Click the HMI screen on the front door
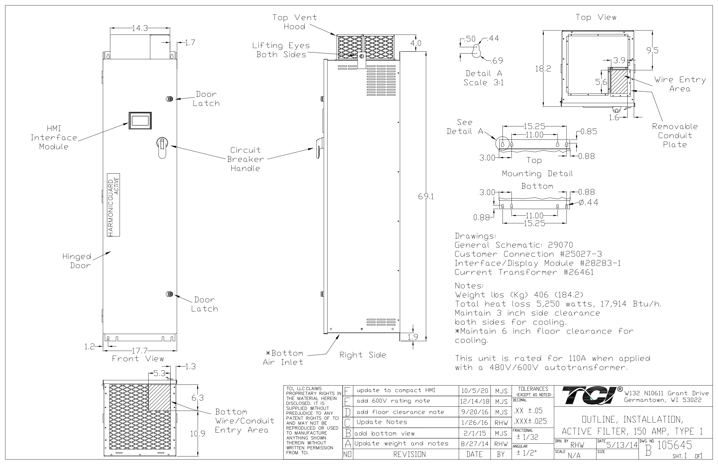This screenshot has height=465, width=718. click(x=140, y=121)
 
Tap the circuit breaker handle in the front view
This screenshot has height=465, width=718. click(x=162, y=147)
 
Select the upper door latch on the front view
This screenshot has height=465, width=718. click(x=170, y=99)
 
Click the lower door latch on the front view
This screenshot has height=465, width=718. click(x=170, y=294)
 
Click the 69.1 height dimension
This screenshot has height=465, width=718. click(x=426, y=197)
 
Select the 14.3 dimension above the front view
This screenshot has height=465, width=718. click(x=140, y=28)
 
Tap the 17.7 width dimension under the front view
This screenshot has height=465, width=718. click(x=140, y=351)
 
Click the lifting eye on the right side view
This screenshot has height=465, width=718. click(x=362, y=56)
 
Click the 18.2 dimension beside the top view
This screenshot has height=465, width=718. click(x=543, y=68)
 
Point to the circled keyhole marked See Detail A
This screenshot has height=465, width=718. click(x=502, y=144)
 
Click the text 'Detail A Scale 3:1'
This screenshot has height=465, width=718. click(x=483, y=78)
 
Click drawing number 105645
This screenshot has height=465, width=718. click(x=675, y=445)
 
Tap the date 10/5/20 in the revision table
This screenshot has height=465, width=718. click(x=474, y=391)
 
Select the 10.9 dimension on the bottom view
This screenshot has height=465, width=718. click(x=198, y=434)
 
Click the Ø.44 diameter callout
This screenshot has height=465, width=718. click(x=588, y=202)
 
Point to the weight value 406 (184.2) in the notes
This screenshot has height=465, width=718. click(x=558, y=294)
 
